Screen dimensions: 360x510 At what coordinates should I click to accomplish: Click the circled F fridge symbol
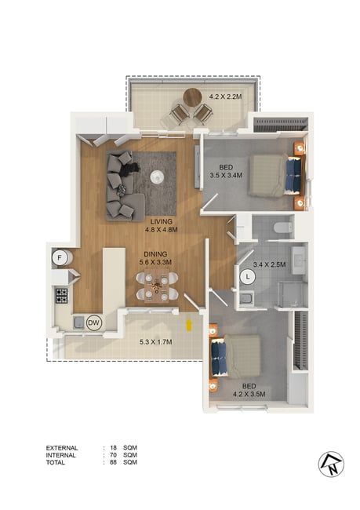60,258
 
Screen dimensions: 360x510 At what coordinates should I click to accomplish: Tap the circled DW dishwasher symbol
94,323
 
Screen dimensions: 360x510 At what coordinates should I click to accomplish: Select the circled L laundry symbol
248,277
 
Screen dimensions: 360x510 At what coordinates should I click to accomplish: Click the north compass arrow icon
331,464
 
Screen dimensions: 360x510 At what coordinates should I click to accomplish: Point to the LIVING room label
162,221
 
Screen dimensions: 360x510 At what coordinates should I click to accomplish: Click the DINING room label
155,254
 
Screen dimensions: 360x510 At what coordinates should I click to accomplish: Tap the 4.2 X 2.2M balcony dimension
225,97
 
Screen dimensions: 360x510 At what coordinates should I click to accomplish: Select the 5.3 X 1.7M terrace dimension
156,342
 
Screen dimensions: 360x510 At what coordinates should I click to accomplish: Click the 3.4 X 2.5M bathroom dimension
269,264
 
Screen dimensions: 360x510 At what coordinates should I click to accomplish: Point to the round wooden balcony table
192,97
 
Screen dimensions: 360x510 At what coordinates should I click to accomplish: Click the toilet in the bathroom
283,228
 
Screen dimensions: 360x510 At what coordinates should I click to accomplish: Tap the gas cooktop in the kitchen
61,296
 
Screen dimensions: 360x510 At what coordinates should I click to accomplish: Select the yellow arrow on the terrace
188,326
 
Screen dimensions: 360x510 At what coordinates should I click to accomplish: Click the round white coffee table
158,177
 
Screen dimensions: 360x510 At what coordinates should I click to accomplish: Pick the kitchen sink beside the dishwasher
78,322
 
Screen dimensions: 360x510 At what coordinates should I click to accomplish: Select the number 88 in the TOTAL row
113,462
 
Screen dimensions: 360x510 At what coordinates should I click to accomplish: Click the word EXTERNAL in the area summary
62,448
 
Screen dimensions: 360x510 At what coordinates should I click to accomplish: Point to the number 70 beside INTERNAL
113,455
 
